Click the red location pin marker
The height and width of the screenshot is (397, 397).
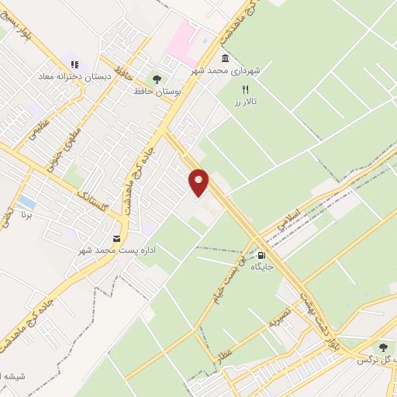pyautogui.click(x=199, y=181)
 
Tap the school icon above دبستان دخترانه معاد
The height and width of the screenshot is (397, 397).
pyautogui.click(x=74, y=65)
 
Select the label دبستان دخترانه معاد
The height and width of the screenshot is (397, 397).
pyautogui.click(x=69, y=78)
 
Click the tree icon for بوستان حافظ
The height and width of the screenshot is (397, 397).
pyautogui.click(x=157, y=79)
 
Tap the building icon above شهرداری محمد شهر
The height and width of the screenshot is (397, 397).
pyautogui.click(x=225, y=59)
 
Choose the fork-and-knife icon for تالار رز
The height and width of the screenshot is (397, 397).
pyautogui.click(x=245, y=89)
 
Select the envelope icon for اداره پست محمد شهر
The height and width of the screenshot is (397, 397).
pyautogui.click(x=116, y=238)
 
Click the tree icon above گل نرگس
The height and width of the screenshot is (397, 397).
pyautogui.click(x=381, y=347)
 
